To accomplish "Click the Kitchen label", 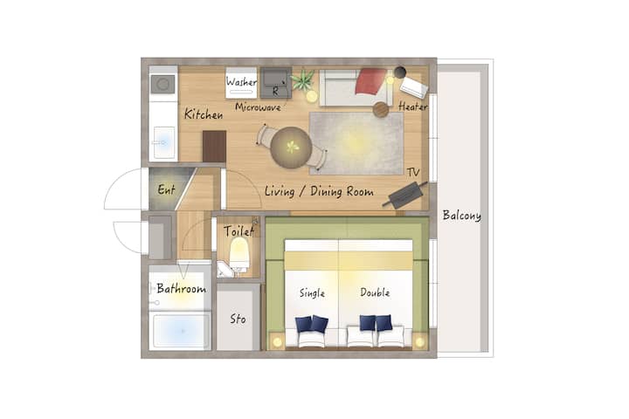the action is pyautogui.click(x=204, y=114).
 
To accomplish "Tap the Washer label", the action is pyautogui.click(x=241, y=81).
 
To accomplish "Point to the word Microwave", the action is pyautogui.click(x=258, y=107).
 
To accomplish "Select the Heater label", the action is pyautogui.click(x=412, y=106).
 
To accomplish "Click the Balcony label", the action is pyautogui.click(x=462, y=216).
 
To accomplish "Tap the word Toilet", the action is pyautogui.click(x=238, y=231).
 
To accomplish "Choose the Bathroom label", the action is pyautogui.click(x=182, y=288).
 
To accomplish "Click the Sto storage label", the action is pyautogui.click(x=238, y=319).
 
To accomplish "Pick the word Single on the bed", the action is pyautogui.click(x=312, y=293).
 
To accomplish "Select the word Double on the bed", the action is pyautogui.click(x=375, y=292).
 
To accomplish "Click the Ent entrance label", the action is pyautogui.click(x=166, y=189).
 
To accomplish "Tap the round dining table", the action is pyautogui.click(x=291, y=148).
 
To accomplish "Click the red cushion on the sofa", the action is pyautogui.click(x=371, y=81).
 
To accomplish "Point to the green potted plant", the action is pyautogui.click(x=303, y=80).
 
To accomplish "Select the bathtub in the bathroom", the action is pyautogui.click(x=181, y=331).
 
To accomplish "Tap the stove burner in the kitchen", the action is pyautogui.click(x=162, y=85).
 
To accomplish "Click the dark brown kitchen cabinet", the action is pyautogui.click(x=214, y=147).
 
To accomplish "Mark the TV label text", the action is pyautogui.click(x=412, y=173).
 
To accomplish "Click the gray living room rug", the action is pyautogui.click(x=356, y=143).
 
